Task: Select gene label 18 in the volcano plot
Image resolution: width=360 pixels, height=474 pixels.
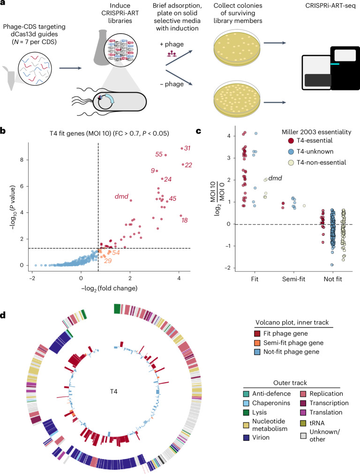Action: point(184,220)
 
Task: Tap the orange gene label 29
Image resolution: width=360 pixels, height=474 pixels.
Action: point(107,260)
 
